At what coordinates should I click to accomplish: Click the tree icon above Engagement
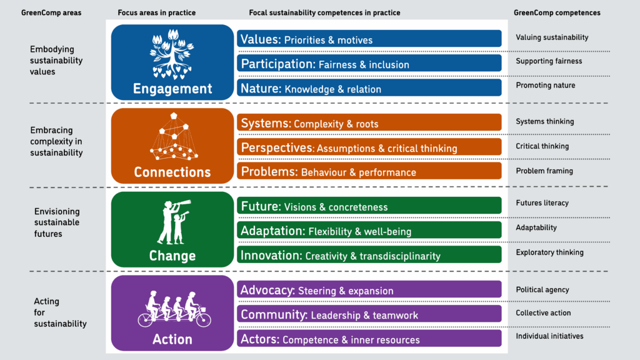pyautogui.click(x=172, y=54)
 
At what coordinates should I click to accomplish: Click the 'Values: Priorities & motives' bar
pyautogui.click(x=369, y=39)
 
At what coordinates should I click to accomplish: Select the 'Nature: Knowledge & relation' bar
pyautogui.click(x=369, y=88)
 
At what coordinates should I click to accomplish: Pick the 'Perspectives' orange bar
pyautogui.click(x=369, y=147)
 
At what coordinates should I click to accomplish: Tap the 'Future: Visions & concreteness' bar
pyautogui.click(x=369, y=206)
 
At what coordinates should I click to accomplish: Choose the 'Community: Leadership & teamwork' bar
pyautogui.click(x=369, y=314)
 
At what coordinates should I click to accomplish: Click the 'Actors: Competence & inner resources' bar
pyautogui.click(x=369, y=339)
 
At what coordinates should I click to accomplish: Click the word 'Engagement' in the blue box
pyautogui.click(x=172, y=89)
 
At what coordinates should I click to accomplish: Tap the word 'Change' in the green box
pyautogui.click(x=172, y=256)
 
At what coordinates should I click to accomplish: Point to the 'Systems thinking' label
pyautogui.click(x=544, y=121)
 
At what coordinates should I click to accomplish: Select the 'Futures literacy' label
pyautogui.click(x=542, y=203)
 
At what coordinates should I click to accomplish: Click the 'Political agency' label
pyautogui.click(x=542, y=290)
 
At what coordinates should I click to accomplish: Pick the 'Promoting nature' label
pyautogui.click(x=545, y=85)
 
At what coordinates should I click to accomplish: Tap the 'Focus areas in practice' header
pyautogui.click(x=156, y=12)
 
